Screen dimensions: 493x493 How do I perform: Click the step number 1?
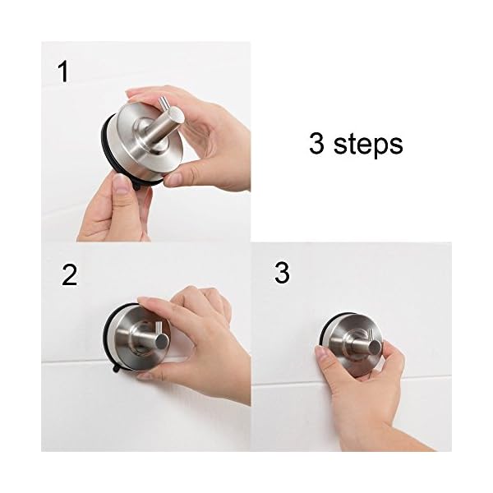64,72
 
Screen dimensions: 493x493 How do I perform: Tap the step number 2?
69,274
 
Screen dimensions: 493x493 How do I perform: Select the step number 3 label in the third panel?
282,273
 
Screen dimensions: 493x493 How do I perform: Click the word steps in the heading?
368,145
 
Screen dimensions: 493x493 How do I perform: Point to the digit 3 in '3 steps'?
316,143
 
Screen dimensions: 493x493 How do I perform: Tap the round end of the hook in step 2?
161,341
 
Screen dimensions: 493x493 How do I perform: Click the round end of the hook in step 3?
375,347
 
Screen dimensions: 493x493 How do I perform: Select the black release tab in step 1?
137,187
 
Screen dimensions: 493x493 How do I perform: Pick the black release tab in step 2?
117,368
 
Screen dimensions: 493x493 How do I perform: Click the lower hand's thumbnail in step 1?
121,184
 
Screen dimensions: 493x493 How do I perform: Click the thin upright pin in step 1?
163,104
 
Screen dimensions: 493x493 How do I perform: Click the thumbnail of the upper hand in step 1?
173,179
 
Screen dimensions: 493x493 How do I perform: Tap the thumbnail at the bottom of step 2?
145,375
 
